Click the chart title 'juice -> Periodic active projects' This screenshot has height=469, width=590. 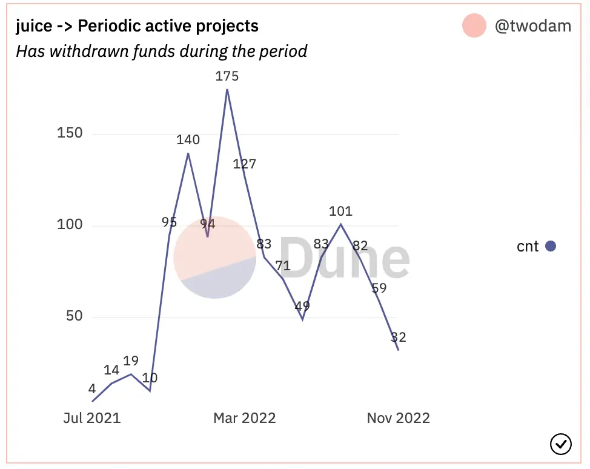pos(137,27)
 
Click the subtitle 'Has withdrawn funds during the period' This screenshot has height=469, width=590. pos(161,51)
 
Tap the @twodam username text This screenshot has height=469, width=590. pos(533,27)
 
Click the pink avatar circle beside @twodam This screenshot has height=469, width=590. pos(474,26)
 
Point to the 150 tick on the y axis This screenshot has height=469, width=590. pos(70,133)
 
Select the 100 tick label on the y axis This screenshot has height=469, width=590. pos(70,225)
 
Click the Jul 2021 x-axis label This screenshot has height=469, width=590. pos(92,418)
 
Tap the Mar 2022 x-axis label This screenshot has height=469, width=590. pos(244,418)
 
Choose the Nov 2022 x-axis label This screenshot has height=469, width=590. pos(398,418)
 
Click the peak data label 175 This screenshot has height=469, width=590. pos(227,76)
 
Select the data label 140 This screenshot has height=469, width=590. pos(188,140)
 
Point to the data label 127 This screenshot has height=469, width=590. pos(245,164)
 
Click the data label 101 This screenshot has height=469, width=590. pos(340,211)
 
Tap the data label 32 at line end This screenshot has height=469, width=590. pos(398,337)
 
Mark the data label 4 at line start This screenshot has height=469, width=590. pos(92,388)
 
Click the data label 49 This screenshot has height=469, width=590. pos(302,307)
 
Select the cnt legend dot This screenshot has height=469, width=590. pos(551,246)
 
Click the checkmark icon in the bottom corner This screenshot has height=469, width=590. pos(560,444)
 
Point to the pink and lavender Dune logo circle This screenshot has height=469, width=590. pos(214,257)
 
